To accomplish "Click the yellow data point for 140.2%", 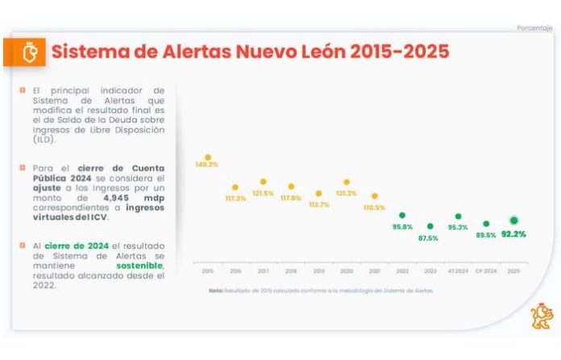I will [x=208, y=158].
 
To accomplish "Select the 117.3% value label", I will [x=235, y=198].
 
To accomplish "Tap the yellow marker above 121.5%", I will [x=263, y=182].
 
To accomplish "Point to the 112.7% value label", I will [x=319, y=205].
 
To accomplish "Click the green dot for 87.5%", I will [x=430, y=226].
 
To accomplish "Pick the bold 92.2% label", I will [x=513, y=234].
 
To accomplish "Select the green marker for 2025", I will [x=514, y=220].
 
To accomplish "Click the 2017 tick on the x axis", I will [x=263, y=271].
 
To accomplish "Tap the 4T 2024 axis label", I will [x=458, y=271].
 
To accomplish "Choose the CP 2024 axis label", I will [x=486, y=271].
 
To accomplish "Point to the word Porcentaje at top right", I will [x=534, y=28].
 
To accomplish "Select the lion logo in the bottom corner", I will [x=542, y=317].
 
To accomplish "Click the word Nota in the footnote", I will [x=215, y=291].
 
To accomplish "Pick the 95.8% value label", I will [x=402, y=227].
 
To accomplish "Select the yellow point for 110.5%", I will [x=374, y=196].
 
